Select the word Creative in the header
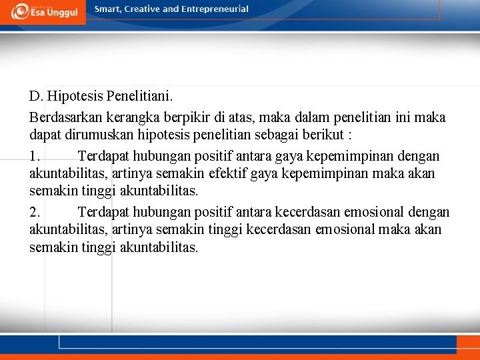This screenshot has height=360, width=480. pyautogui.click(x=141, y=9)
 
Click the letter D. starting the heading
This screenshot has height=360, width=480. pyautogui.click(x=37, y=98)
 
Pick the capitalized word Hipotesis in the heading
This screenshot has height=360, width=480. pyautogui.click(x=75, y=98)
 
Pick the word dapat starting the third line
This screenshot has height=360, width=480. pyautogui.click(x=44, y=135)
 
